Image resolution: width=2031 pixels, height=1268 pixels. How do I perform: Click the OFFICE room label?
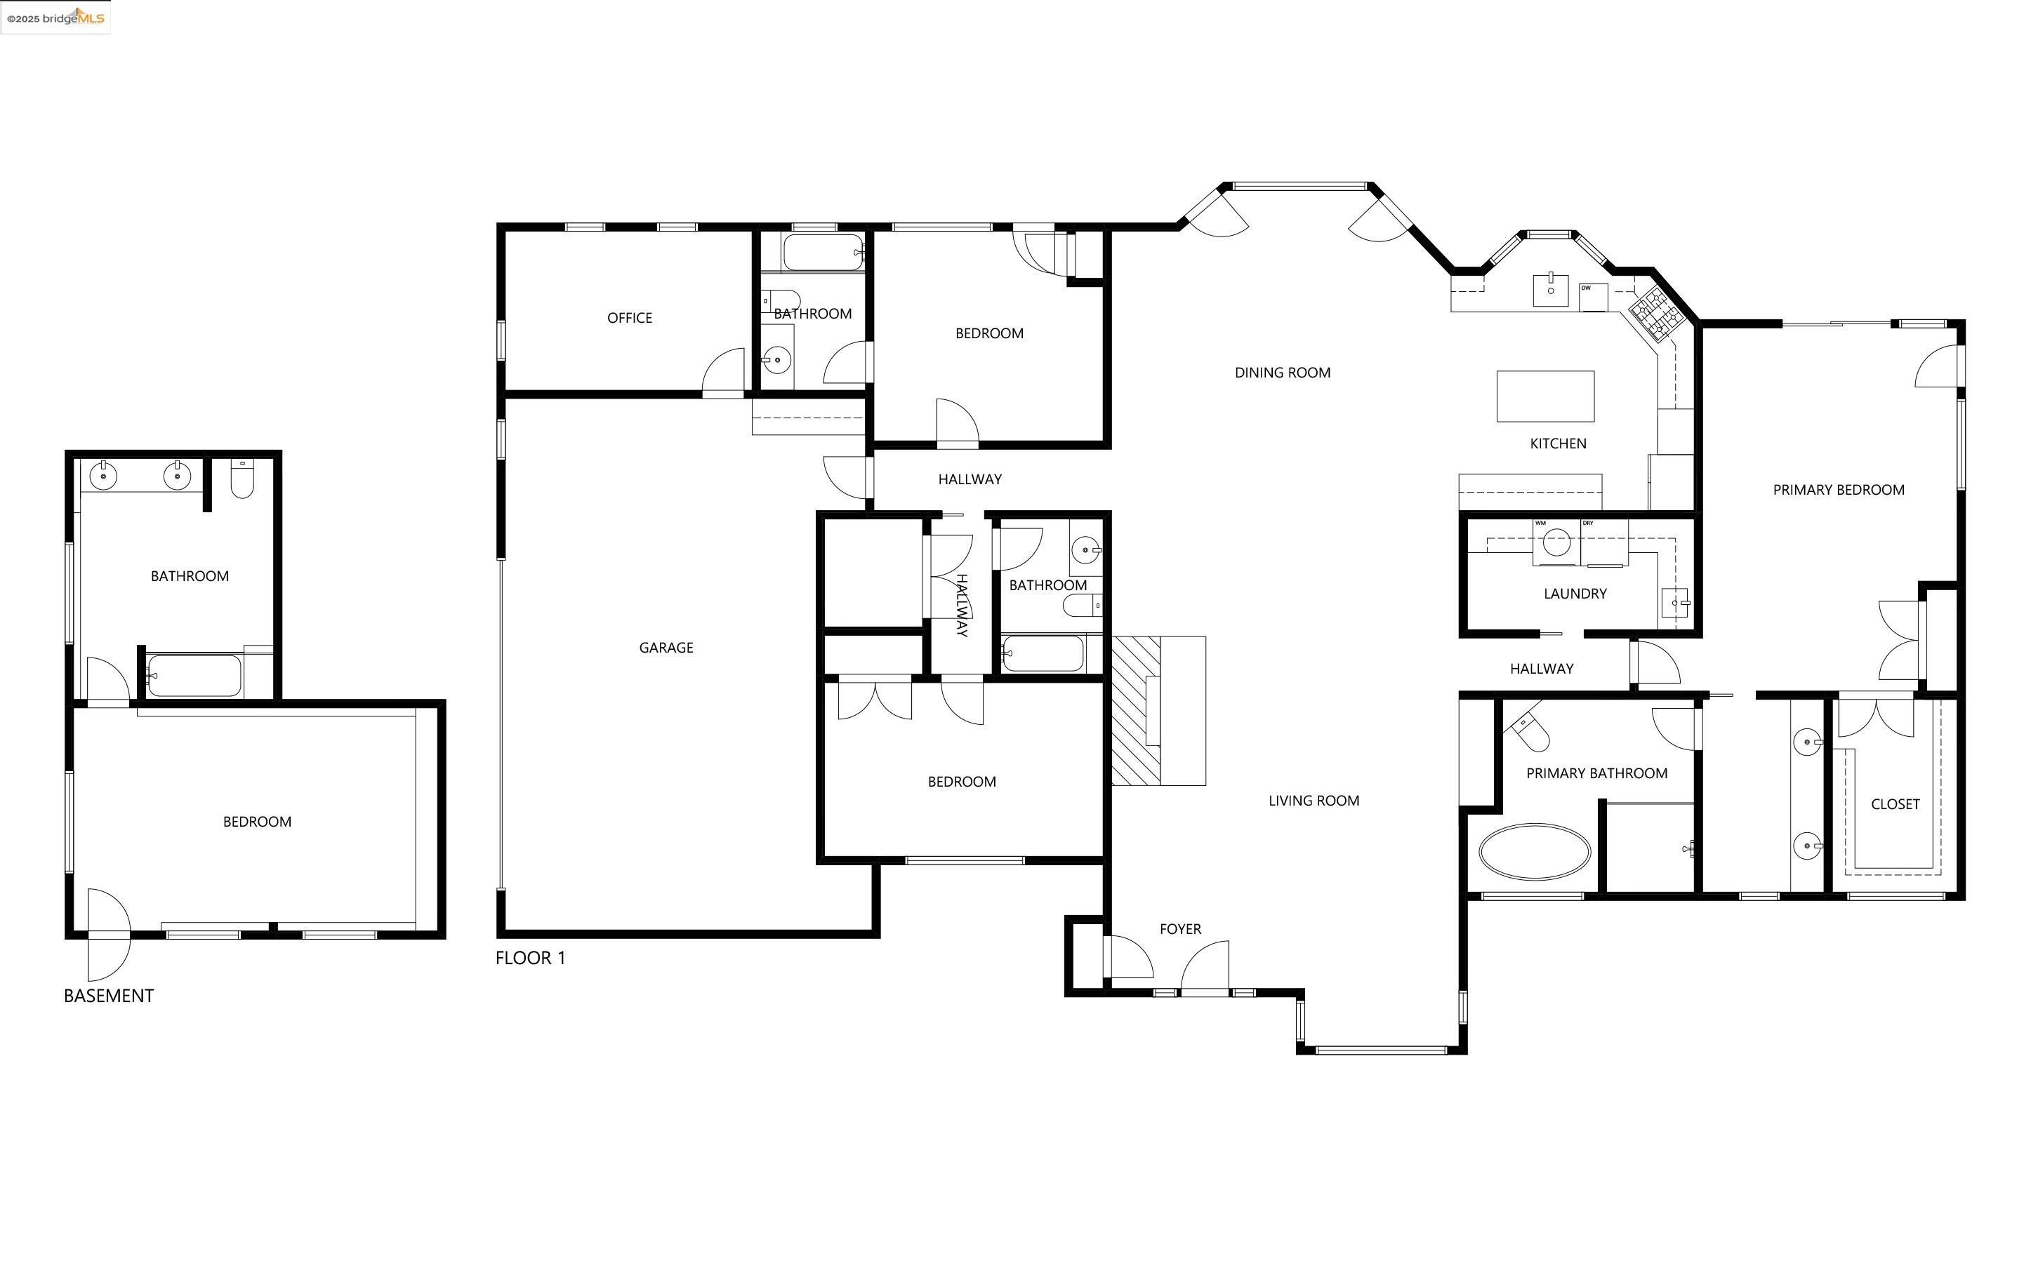tap(629, 318)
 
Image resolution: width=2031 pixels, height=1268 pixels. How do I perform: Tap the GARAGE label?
tap(666, 648)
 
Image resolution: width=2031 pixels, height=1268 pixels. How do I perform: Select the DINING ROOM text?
tap(1282, 373)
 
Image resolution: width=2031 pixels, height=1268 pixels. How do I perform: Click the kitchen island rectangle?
tap(1545, 396)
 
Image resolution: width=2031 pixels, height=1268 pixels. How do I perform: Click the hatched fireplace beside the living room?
tap(1136, 711)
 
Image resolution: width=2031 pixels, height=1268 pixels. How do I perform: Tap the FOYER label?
tap(1179, 928)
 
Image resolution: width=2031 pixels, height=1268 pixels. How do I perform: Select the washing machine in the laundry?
tap(1556, 542)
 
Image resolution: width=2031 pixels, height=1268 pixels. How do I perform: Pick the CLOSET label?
tap(1895, 804)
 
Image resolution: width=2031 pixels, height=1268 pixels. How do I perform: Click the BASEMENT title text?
tap(109, 996)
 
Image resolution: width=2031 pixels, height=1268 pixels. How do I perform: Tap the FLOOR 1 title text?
tap(530, 958)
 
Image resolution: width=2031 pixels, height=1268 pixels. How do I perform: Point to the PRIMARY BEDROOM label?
tap(1838, 490)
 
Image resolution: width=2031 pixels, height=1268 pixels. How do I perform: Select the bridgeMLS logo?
tap(55, 17)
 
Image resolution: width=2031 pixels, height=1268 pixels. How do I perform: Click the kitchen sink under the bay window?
tap(1550, 289)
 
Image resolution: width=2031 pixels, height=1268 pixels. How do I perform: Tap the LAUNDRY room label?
tap(1575, 594)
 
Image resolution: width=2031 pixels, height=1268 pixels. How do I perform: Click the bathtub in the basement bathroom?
tap(194, 676)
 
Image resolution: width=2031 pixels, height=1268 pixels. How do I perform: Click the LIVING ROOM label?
tap(1313, 801)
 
